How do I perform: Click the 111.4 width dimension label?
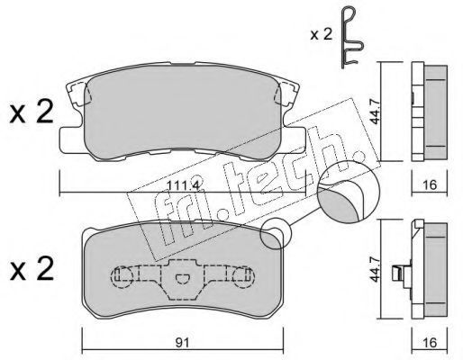183,185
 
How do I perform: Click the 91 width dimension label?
183,342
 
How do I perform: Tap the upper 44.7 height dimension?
376,112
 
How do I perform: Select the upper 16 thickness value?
430,184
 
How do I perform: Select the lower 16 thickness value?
430,342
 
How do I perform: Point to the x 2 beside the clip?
322,35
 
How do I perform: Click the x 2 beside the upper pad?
32,112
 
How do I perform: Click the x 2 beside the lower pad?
32,269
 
